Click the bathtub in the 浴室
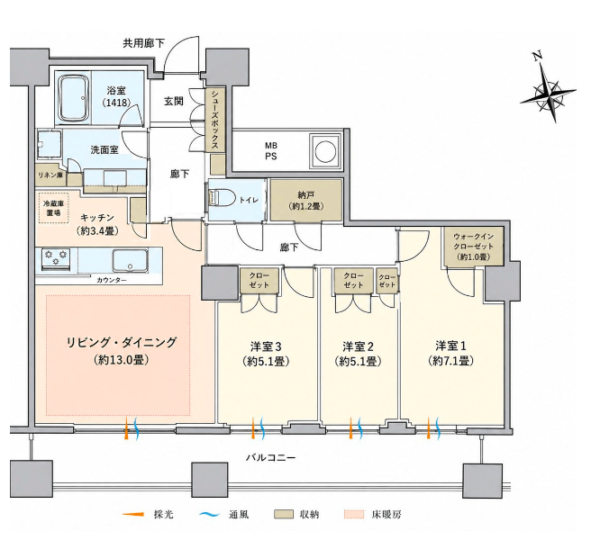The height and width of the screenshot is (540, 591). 75,99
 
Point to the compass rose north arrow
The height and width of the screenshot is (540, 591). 548,91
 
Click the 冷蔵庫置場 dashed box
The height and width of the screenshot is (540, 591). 53,208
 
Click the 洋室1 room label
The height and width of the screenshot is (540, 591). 450,353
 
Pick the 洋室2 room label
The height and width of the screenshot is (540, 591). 358,353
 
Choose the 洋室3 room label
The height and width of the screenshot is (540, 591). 266,353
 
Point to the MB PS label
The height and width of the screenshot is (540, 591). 271,150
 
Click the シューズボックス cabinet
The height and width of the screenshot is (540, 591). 215,119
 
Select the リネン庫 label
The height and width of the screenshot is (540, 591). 50,175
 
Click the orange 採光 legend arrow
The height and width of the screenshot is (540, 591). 133,514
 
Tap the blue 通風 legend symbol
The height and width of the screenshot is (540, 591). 209,514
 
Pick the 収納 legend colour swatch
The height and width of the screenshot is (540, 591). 284,515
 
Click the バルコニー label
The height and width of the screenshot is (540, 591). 270,457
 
